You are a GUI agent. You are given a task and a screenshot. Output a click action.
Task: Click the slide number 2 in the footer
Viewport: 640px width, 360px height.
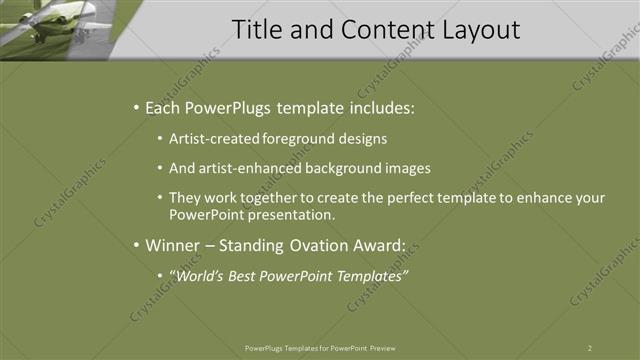pos(590,348)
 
